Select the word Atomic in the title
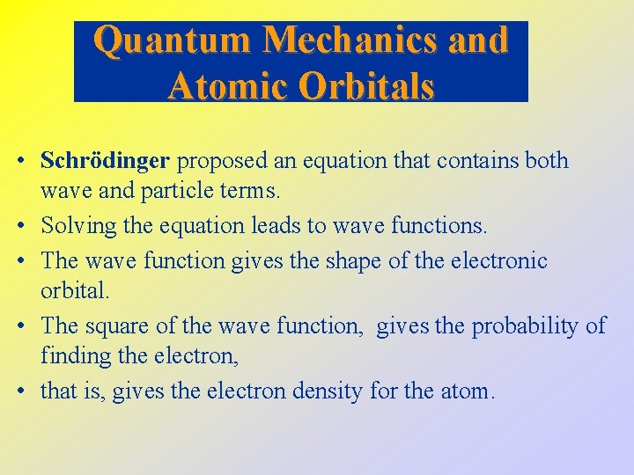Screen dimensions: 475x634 pyautogui.click(x=225, y=85)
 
